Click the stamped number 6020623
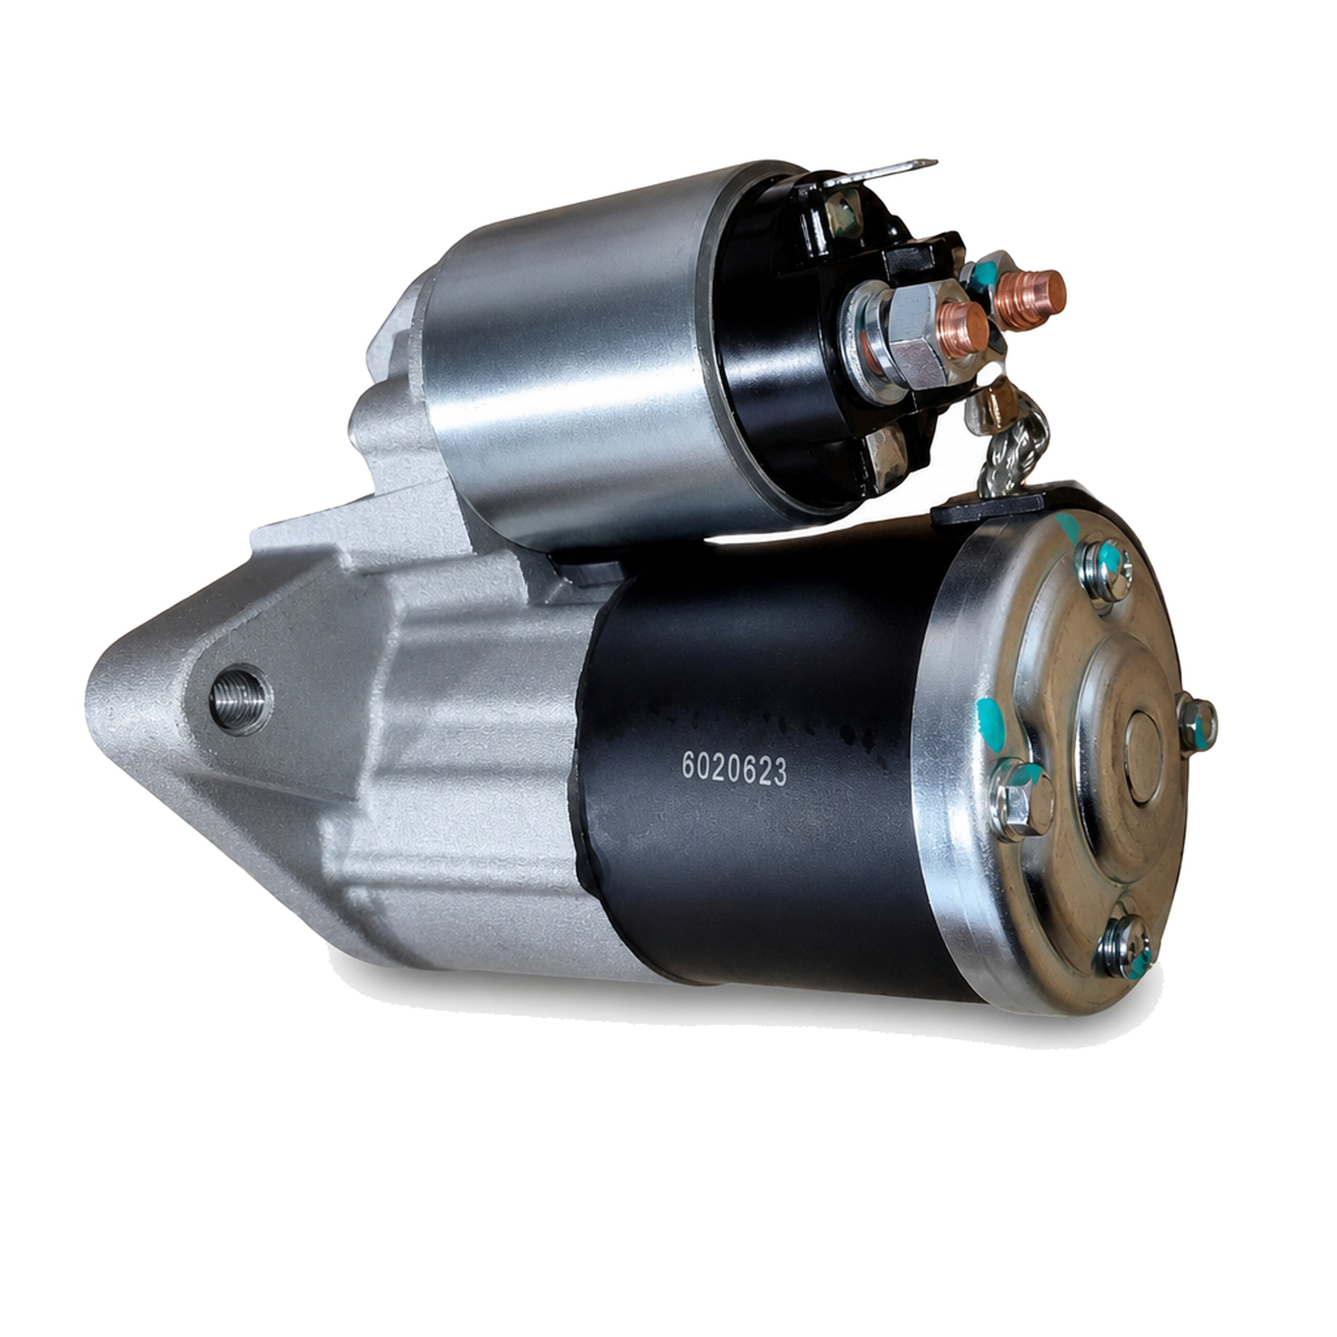734,769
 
